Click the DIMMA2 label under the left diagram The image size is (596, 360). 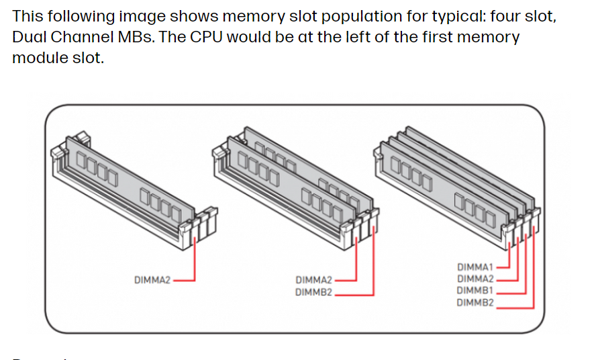[152, 279]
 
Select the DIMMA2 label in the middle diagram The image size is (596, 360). [313, 279]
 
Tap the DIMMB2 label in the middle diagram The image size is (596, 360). [313, 292]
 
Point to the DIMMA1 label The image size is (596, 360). [475, 267]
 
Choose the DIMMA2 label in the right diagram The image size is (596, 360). [475, 279]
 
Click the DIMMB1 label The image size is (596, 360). [475, 291]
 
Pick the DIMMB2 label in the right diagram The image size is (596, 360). [475, 303]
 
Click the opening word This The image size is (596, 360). [28, 15]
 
